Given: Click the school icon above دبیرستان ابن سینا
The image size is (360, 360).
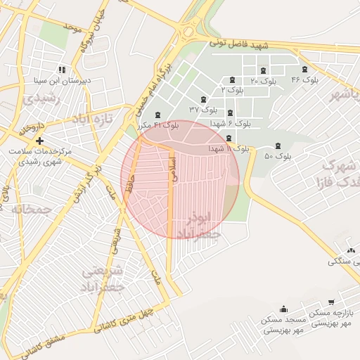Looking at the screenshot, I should [x=62, y=70].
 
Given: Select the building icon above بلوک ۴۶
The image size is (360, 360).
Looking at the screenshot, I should [x=304, y=69].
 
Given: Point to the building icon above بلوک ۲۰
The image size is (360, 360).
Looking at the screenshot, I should [x=263, y=70].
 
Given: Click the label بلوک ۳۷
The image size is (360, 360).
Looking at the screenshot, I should [x=204, y=110].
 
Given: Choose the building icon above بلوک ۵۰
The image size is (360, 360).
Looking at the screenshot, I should [x=278, y=146].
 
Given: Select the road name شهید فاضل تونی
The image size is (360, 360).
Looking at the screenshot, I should [x=240, y=45].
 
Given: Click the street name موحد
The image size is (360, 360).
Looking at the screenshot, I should [x=72, y=27].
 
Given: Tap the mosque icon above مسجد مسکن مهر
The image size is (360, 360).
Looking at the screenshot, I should [x=283, y=309].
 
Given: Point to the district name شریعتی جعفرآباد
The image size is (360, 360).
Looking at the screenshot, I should [x=103, y=278].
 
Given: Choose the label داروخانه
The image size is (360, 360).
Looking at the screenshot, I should [x=31, y=129].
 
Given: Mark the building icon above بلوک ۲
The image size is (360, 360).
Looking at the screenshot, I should [x=233, y=79].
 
